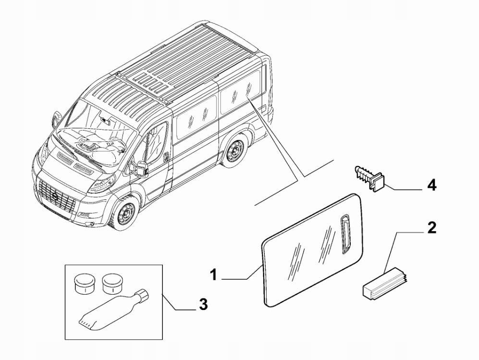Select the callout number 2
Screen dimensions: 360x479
coord(432,227)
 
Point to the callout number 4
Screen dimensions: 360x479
coord(432,185)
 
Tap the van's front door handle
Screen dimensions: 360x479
coord(165,156)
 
